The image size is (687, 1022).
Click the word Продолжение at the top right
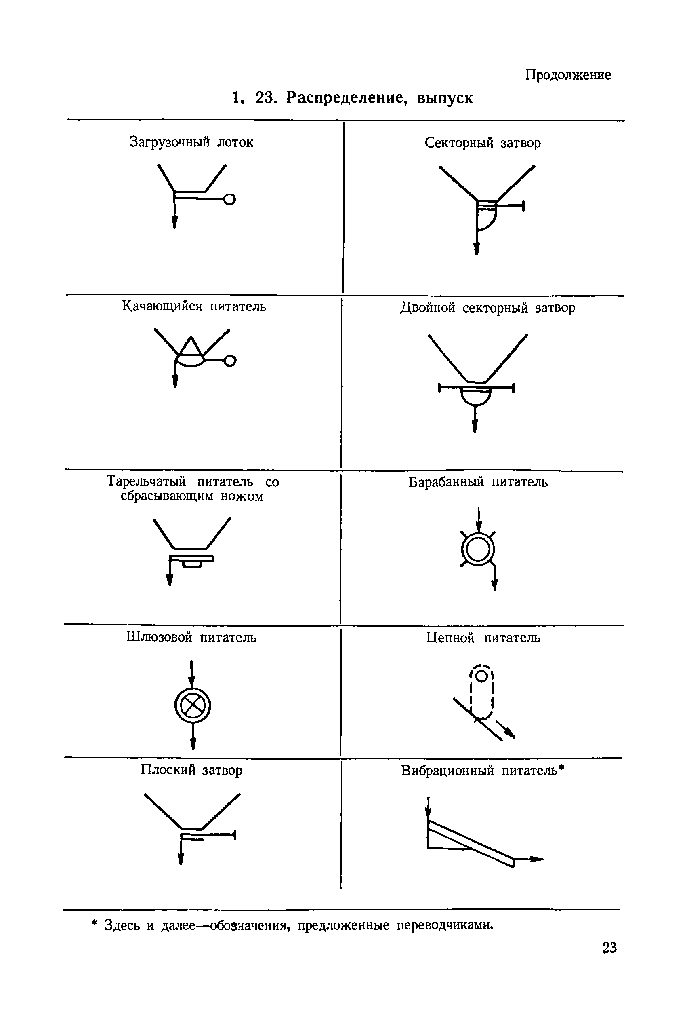coord(568,75)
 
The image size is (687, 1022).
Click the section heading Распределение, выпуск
coord(379,98)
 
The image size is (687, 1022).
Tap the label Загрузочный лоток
coord(191,142)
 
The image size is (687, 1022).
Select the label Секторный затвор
coord(482,143)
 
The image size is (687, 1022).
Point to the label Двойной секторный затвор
coord(487,308)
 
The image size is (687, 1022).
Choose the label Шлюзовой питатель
coord(191,637)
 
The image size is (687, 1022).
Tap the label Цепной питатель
coord(483,638)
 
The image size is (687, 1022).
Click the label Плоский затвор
coord(191,770)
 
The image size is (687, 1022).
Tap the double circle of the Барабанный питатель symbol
coord(478,549)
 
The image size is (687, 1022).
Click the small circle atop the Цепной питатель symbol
coord(481,676)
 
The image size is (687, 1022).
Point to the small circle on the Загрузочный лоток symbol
coord(229,199)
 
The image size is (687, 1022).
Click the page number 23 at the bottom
coord(609,948)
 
